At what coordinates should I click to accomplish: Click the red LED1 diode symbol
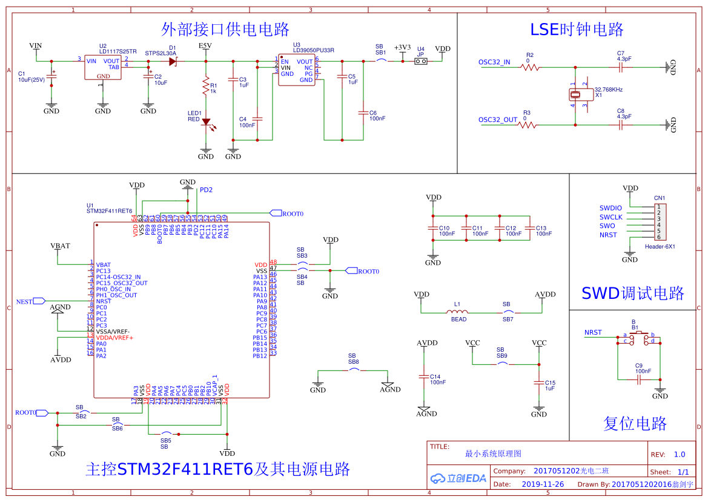[x=206, y=122]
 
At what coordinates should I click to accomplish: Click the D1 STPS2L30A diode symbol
[x=173, y=61]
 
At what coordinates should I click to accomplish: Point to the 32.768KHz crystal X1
[x=575, y=95]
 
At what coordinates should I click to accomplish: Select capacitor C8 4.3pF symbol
[x=620, y=125]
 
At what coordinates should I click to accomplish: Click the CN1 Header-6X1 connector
[x=660, y=223]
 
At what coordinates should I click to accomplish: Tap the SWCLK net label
[x=611, y=217]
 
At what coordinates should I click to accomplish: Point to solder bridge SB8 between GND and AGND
[x=353, y=369]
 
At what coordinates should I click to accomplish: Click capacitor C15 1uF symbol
[x=538, y=383]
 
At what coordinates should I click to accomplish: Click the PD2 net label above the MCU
[x=206, y=190]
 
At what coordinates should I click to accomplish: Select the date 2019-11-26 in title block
[x=543, y=484]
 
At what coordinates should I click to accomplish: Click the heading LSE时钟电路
[x=577, y=30]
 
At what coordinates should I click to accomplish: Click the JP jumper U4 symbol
[x=421, y=61]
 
